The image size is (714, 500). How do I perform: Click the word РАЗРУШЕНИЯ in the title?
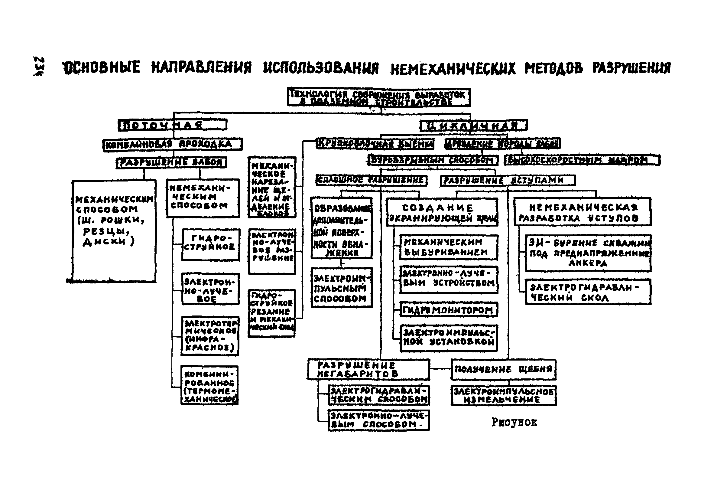631,68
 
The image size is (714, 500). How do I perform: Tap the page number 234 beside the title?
39,66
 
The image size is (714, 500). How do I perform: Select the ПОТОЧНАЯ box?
172,125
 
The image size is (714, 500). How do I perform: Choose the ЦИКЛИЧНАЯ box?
473,126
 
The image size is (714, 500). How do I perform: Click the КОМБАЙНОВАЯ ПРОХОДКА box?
172,145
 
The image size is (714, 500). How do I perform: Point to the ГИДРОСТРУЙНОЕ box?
210,244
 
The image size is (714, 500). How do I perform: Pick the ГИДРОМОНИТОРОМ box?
448,310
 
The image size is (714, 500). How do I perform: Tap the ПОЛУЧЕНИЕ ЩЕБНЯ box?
503,369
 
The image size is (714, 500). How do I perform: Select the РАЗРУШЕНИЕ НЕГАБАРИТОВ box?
368,369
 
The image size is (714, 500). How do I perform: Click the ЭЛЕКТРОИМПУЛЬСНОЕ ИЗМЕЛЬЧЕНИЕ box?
504,395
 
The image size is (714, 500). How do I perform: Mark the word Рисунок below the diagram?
514,422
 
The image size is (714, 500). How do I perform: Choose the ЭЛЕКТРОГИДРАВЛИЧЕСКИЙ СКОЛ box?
587,292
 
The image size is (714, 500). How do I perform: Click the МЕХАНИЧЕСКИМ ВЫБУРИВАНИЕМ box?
448,247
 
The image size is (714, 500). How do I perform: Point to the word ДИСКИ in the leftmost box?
104,242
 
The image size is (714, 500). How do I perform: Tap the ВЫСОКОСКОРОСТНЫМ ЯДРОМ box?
582,160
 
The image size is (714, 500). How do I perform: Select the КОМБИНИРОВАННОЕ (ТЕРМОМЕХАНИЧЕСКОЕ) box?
209,385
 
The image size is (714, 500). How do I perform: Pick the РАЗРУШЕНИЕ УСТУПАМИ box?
507,181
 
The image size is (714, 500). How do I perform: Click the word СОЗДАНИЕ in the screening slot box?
437,208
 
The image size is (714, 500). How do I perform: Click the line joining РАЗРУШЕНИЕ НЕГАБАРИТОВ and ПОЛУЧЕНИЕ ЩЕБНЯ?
440,369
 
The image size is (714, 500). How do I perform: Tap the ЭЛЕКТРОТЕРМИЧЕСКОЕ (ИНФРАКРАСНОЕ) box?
210,336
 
